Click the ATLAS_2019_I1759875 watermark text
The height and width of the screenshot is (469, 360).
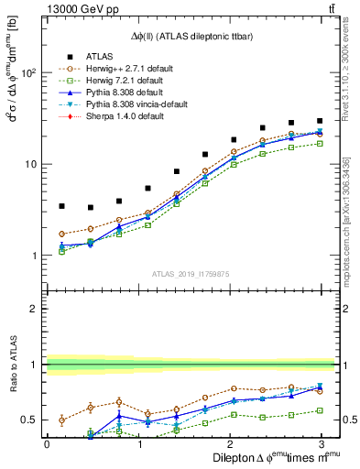(183, 272)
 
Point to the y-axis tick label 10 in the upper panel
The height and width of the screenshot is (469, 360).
(29, 165)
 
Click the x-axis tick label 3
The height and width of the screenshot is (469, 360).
(320, 442)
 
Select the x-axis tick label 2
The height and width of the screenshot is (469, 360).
(229, 442)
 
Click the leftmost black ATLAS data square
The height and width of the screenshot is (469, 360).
(61, 206)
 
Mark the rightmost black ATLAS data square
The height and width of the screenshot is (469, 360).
(319, 121)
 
